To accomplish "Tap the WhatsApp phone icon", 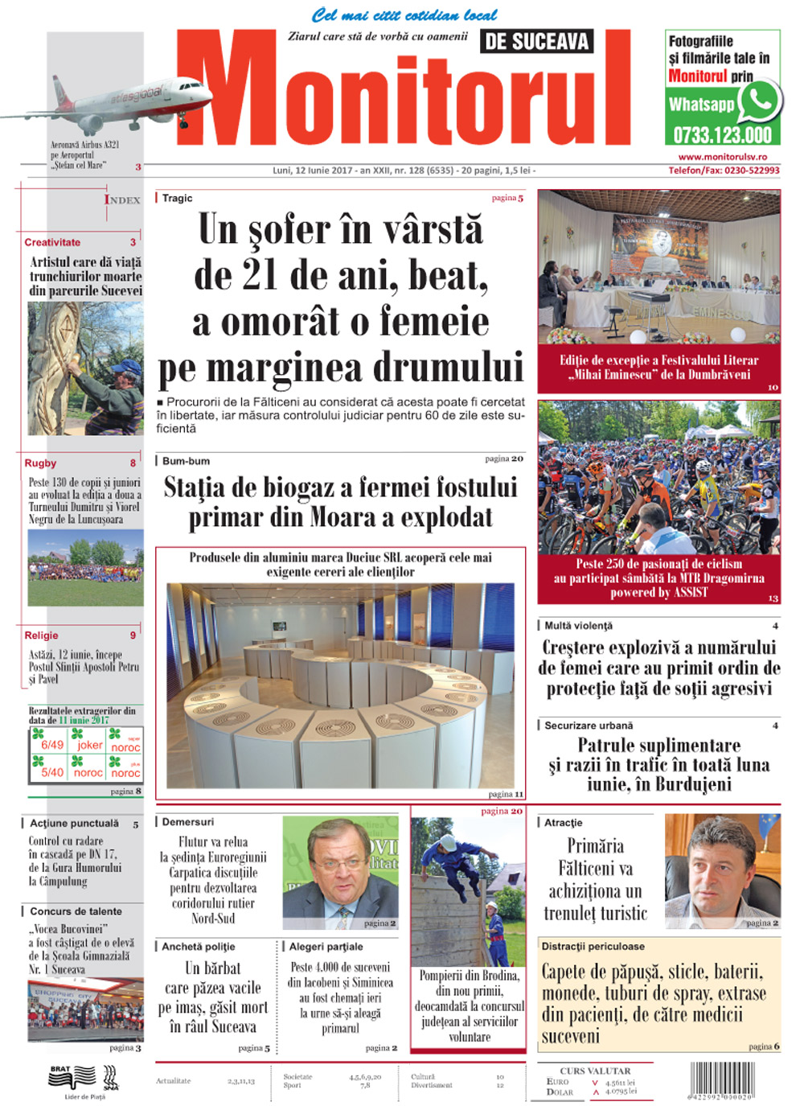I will [x=758, y=101].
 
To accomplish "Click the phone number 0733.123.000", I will [x=722, y=134].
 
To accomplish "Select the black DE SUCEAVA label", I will [x=536, y=42].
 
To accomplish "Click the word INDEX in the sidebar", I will [x=122, y=199].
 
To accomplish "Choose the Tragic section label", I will [x=177, y=198].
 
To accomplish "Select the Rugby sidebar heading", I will [x=40, y=463].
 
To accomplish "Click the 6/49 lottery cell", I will [x=52, y=745].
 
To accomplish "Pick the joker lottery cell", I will [x=89, y=745].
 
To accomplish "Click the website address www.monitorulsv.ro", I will [x=722, y=158].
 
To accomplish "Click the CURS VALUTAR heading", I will [x=595, y=1071].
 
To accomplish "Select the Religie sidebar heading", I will [x=41, y=635].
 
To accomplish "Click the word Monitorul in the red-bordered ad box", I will [x=698, y=76].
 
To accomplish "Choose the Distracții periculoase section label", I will [x=593, y=947].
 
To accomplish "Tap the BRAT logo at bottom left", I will [x=60, y=1071].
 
